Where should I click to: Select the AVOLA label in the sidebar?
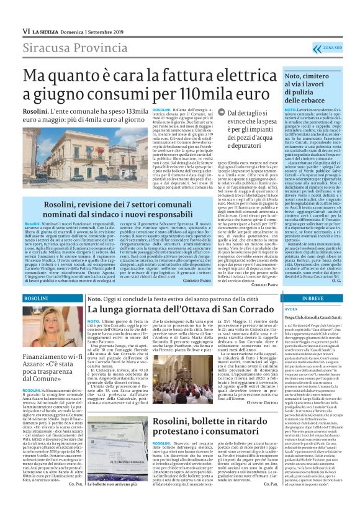click(x=291, y=311)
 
